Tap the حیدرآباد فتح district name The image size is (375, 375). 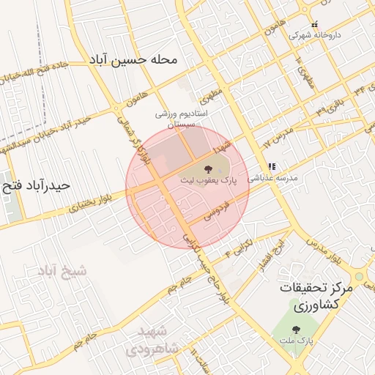pyautogui.click(x=36, y=185)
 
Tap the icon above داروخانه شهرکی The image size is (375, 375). pyautogui.click(x=316, y=24)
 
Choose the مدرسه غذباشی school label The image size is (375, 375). pyautogui.click(x=272, y=177)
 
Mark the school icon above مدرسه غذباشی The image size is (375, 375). pyautogui.click(x=272, y=166)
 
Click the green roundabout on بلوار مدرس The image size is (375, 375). pyautogui.click(x=360, y=277)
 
